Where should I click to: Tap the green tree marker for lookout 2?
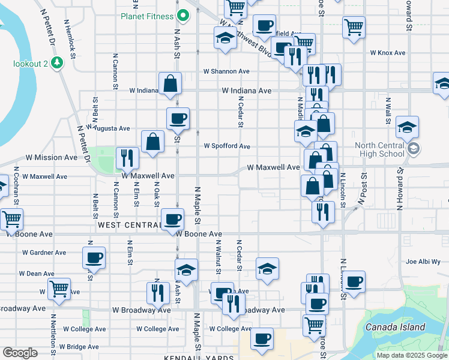pos(58,62)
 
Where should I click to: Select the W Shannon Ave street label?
pos(226,71)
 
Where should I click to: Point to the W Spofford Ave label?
pos(226,146)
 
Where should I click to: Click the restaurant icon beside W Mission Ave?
pos(127,158)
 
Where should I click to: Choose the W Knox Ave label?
pos(388,53)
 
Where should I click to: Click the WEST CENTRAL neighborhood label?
pos(127,224)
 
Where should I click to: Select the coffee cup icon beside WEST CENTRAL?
pos(172,218)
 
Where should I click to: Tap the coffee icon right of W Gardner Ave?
pos(94,257)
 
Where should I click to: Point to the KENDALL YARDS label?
pos(198,358)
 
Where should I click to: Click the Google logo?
pos(20,353)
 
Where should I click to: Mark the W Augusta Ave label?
pos(107,128)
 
